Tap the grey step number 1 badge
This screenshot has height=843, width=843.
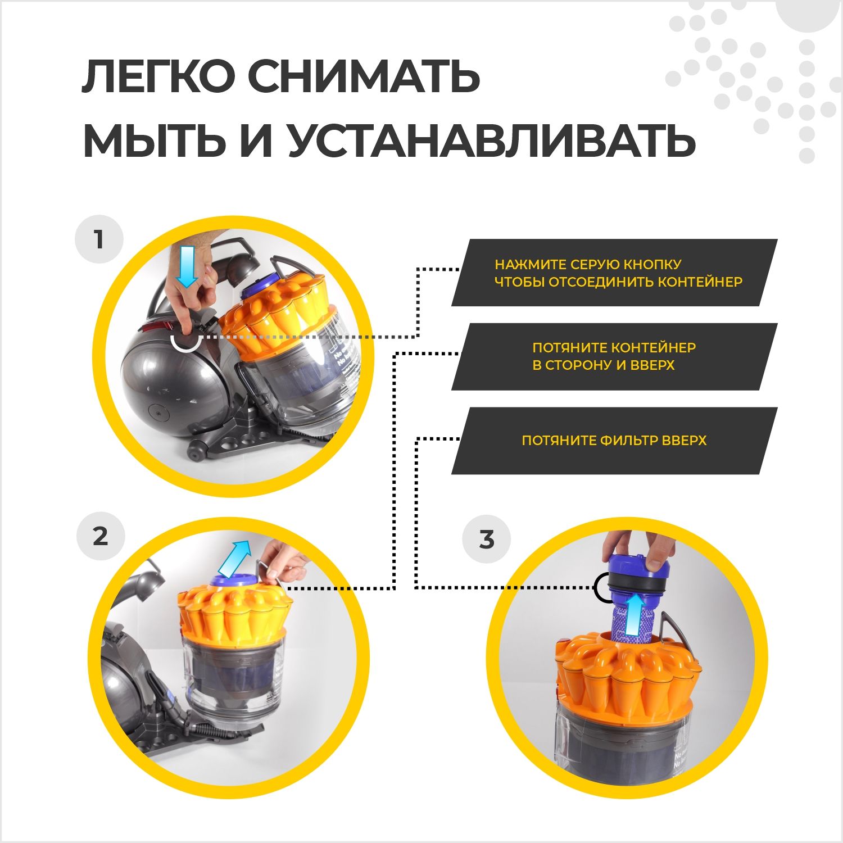click(99, 239)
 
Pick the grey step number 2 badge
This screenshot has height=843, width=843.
click(100, 537)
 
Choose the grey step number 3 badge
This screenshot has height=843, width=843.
click(487, 540)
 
